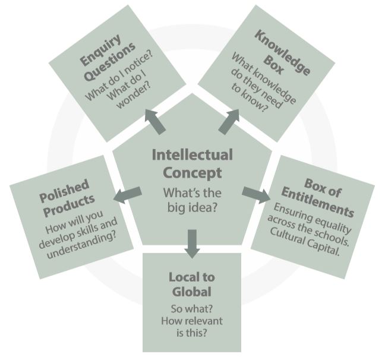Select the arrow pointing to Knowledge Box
pyautogui.click(x=229, y=120)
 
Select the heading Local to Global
pyautogui.click(x=192, y=284)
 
